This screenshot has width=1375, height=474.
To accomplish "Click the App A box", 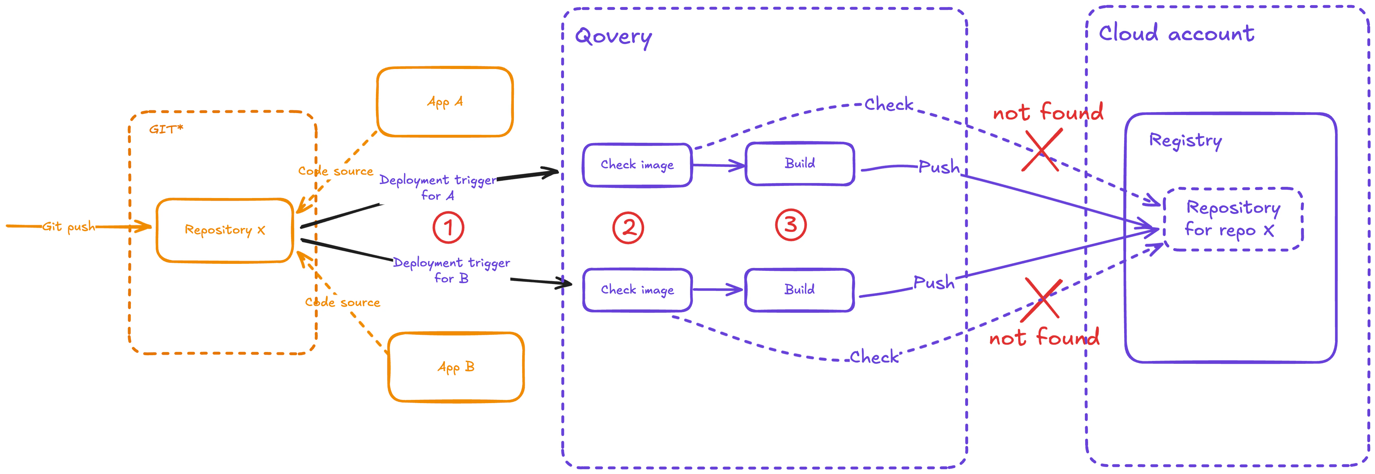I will pyautogui.click(x=445, y=102).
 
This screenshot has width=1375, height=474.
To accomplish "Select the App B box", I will pyautogui.click(x=456, y=367).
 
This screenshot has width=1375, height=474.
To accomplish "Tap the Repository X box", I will pyautogui.click(x=225, y=230).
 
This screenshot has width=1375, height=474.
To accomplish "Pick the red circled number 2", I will pyautogui.click(x=628, y=228).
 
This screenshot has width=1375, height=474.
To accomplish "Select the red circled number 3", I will pyautogui.click(x=791, y=225).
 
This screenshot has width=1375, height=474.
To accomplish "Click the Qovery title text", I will pyautogui.click(x=613, y=37).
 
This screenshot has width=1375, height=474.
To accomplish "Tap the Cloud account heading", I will pyautogui.click(x=1176, y=34).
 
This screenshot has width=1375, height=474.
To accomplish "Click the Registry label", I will pyautogui.click(x=1185, y=141).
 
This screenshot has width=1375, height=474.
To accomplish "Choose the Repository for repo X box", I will pyautogui.click(x=1233, y=219).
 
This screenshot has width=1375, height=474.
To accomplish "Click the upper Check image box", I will pyautogui.click(x=637, y=164).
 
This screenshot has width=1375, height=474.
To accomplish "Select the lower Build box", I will pyautogui.click(x=799, y=290).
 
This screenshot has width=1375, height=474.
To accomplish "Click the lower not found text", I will pyautogui.click(x=1044, y=338).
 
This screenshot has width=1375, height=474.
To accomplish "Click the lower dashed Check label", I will pyautogui.click(x=874, y=357).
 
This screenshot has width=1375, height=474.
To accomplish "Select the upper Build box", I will pyautogui.click(x=800, y=164).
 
